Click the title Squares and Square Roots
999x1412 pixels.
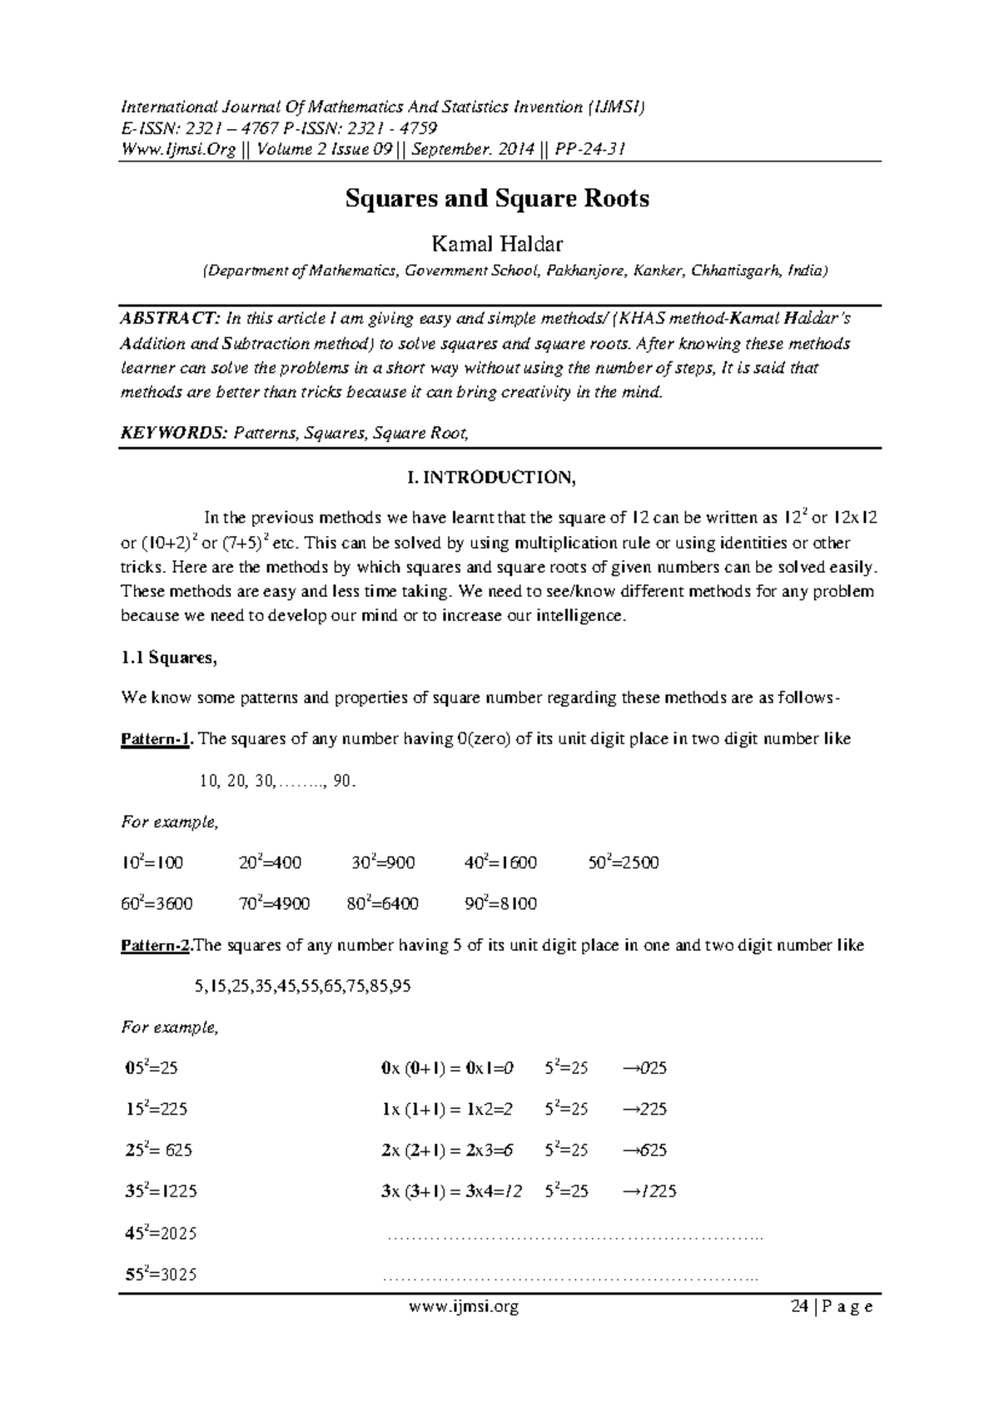[x=498, y=199]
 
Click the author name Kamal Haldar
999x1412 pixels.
[x=496, y=244]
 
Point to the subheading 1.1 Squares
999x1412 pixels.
[x=169, y=658]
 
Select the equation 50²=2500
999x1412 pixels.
[x=624, y=863]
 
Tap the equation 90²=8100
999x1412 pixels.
[x=500, y=904]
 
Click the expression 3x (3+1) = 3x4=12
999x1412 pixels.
[x=451, y=1191]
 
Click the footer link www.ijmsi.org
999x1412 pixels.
[x=465, y=1307]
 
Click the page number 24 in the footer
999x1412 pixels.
[x=799, y=1307]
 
